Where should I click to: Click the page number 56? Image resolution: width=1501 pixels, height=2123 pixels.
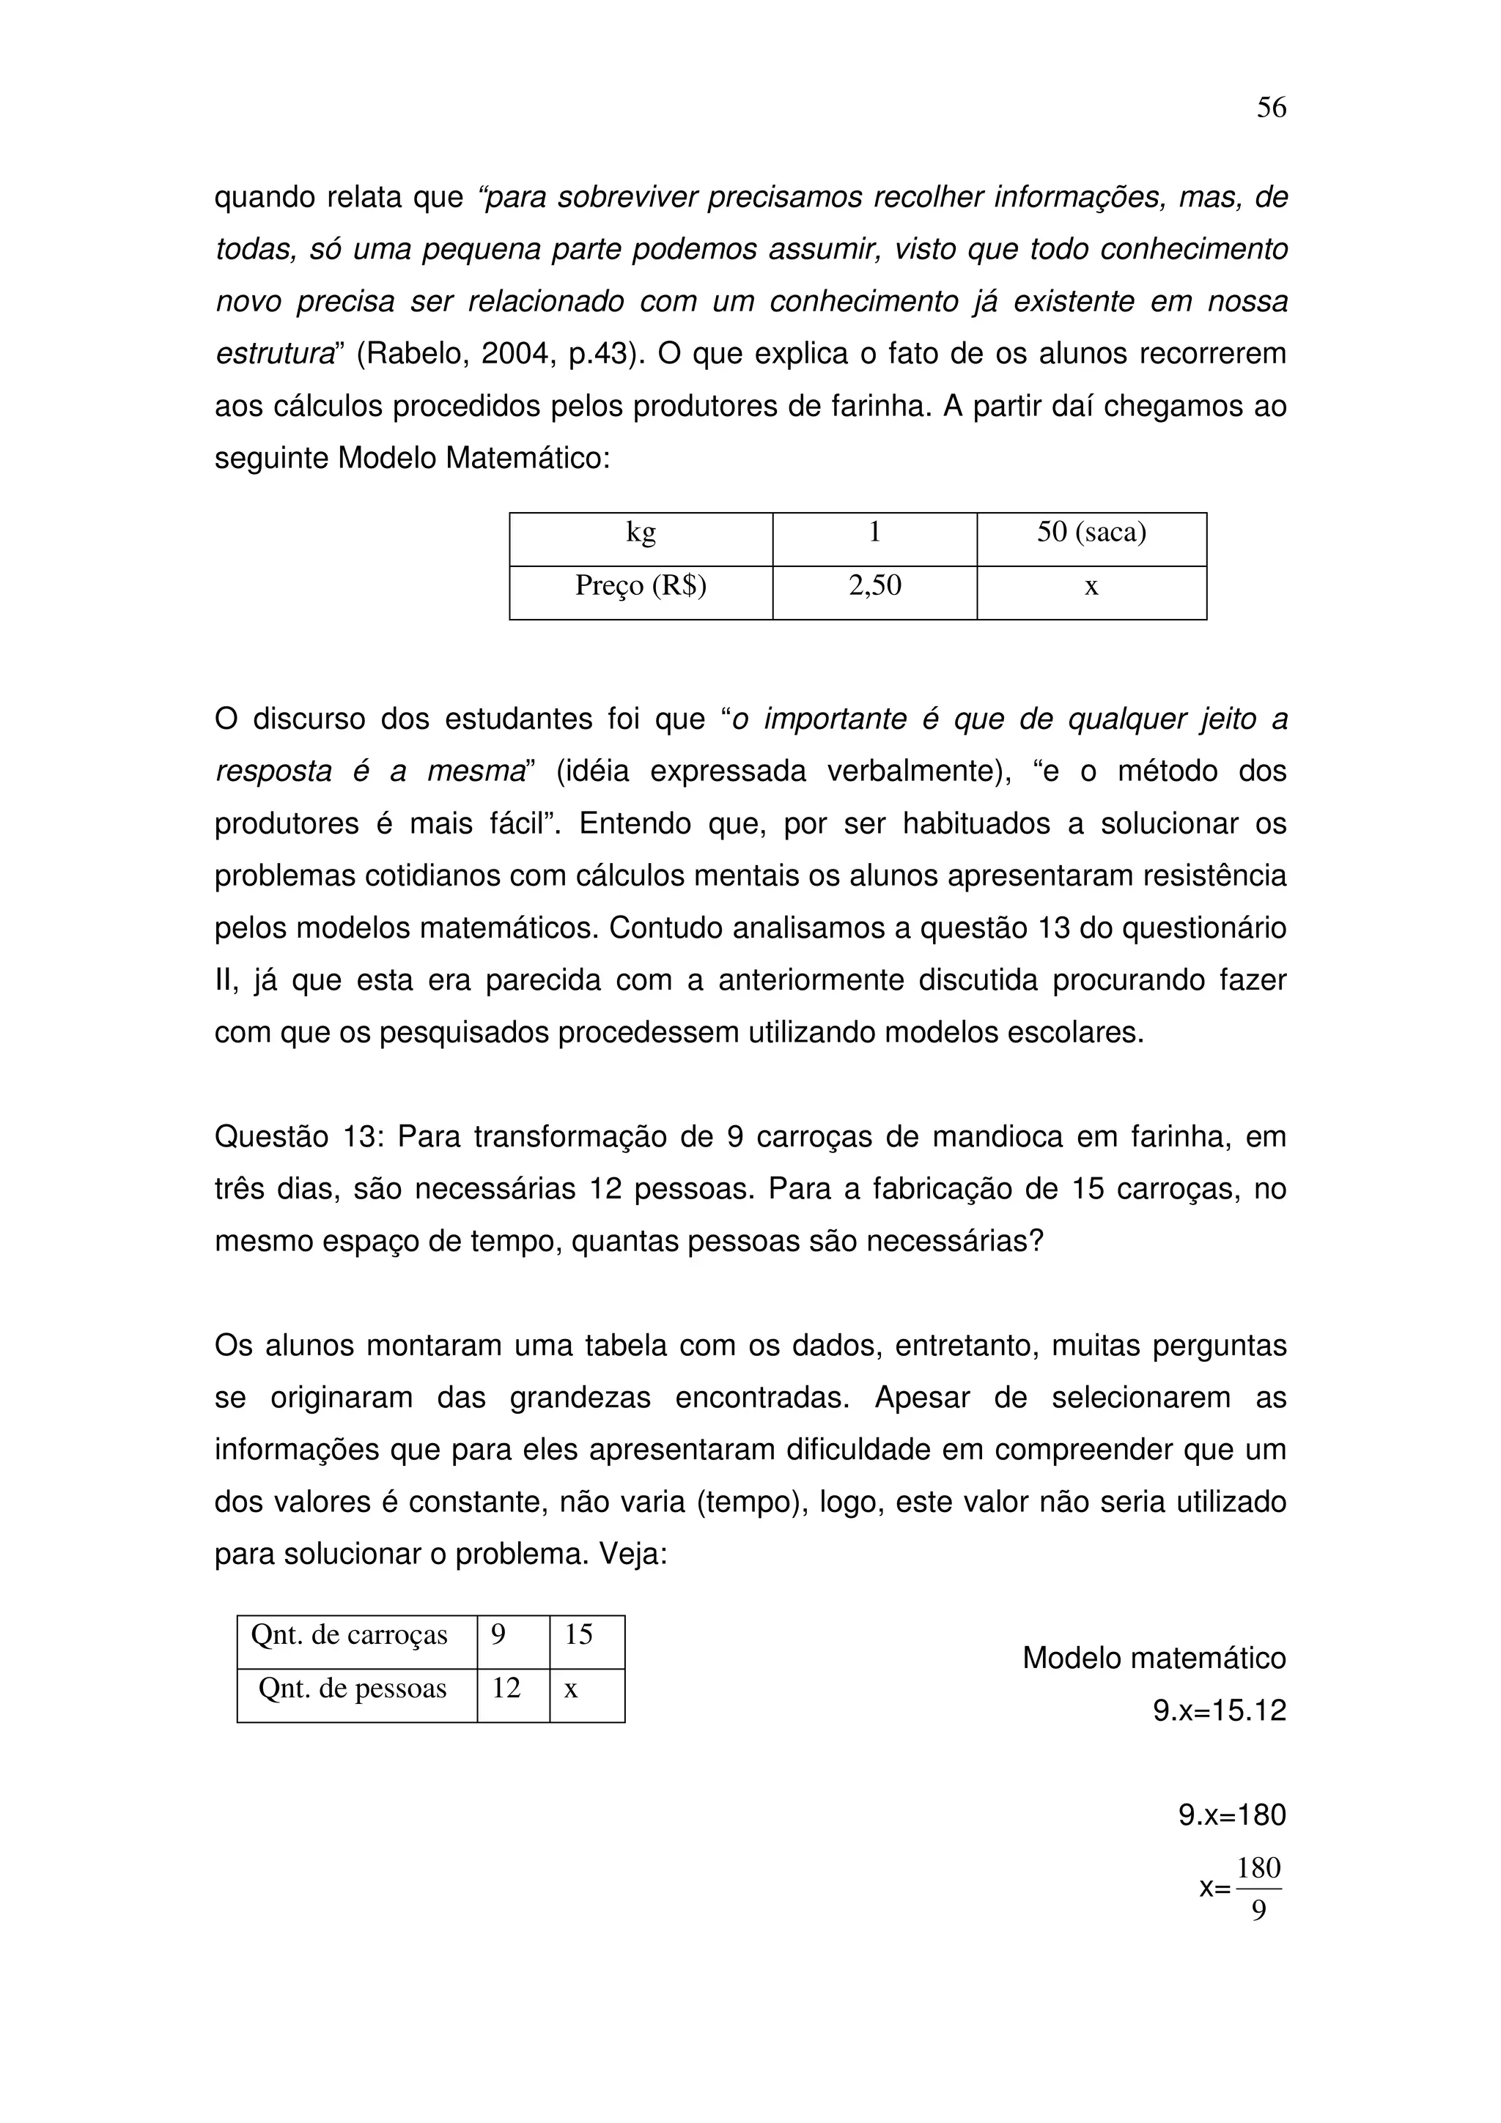coord(1271,108)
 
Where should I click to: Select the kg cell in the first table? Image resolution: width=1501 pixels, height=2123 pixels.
coord(641,533)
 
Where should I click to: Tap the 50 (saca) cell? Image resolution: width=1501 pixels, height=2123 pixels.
coord(1091,533)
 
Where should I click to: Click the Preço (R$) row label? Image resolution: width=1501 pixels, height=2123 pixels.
coord(641,586)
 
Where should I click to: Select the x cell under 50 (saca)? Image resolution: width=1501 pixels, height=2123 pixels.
coord(1091,586)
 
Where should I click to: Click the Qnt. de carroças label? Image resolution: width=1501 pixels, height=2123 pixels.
coord(350,1635)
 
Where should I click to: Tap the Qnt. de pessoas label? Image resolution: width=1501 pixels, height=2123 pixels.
coord(353,1689)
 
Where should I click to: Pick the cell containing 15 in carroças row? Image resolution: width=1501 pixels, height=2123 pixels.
coord(579,1635)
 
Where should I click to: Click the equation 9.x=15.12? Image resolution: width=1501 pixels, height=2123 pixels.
coord(1219,1711)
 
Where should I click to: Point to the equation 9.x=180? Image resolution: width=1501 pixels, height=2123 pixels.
coord(1232,1815)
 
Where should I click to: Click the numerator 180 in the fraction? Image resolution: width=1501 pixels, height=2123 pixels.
coord(1258,1869)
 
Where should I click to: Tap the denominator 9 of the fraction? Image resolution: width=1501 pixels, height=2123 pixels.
coord(1258,1911)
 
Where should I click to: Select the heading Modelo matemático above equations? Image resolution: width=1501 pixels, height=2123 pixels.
coord(1154,1658)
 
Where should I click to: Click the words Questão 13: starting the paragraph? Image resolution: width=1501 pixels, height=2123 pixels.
coord(299,1137)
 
